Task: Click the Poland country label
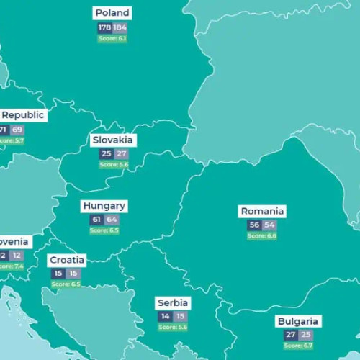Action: coord(112,13)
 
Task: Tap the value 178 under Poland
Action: coord(104,27)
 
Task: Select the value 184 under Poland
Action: coord(120,27)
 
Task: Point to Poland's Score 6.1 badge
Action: coord(112,38)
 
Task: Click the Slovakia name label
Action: coord(113,140)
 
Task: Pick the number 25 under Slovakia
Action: coord(106,154)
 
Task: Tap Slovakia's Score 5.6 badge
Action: coord(113,165)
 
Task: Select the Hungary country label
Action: coord(104,206)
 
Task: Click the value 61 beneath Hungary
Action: coord(96,220)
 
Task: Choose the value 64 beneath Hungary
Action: coord(112,220)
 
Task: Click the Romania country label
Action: coord(262,212)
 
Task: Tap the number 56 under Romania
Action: coord(253,225)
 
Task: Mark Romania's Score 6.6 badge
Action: coord(261,236)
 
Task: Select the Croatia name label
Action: coord(67,260)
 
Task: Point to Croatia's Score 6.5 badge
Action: coord(66,284)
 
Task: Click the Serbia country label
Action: coord(174,303)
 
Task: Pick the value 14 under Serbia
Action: coord(166,317)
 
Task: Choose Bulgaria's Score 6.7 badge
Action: coord(298,346)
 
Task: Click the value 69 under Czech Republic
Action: coord(17,130)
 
